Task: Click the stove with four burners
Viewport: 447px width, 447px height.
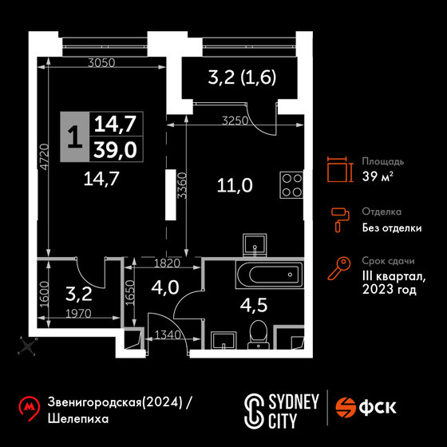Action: [291, 185]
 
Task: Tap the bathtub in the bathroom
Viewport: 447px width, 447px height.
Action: [270, 275]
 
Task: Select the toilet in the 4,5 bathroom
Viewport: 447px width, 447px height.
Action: [259, 335]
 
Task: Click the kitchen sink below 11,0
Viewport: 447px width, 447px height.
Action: [255, 244]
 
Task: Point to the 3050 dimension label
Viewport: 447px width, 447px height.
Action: [101, 63]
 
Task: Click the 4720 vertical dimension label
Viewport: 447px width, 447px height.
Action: [45, 157]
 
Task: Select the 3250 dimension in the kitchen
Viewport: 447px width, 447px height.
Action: [235, 121]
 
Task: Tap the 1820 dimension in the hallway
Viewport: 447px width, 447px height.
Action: [167, 263]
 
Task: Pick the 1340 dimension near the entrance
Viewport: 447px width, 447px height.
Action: [168, 334]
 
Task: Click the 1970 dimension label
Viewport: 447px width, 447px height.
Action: [78, 314]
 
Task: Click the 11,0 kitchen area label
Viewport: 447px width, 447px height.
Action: [235, 185]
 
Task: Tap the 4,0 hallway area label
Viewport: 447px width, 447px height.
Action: [165, 287]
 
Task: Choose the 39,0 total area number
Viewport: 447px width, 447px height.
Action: [115, 150]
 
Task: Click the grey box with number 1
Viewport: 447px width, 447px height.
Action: [75, 136]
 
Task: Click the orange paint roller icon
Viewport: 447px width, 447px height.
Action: [340, 220]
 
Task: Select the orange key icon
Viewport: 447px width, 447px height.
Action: [339, 268]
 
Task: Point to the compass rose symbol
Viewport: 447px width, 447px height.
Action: [28, 346]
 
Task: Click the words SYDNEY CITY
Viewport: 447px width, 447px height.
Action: [294, 411]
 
